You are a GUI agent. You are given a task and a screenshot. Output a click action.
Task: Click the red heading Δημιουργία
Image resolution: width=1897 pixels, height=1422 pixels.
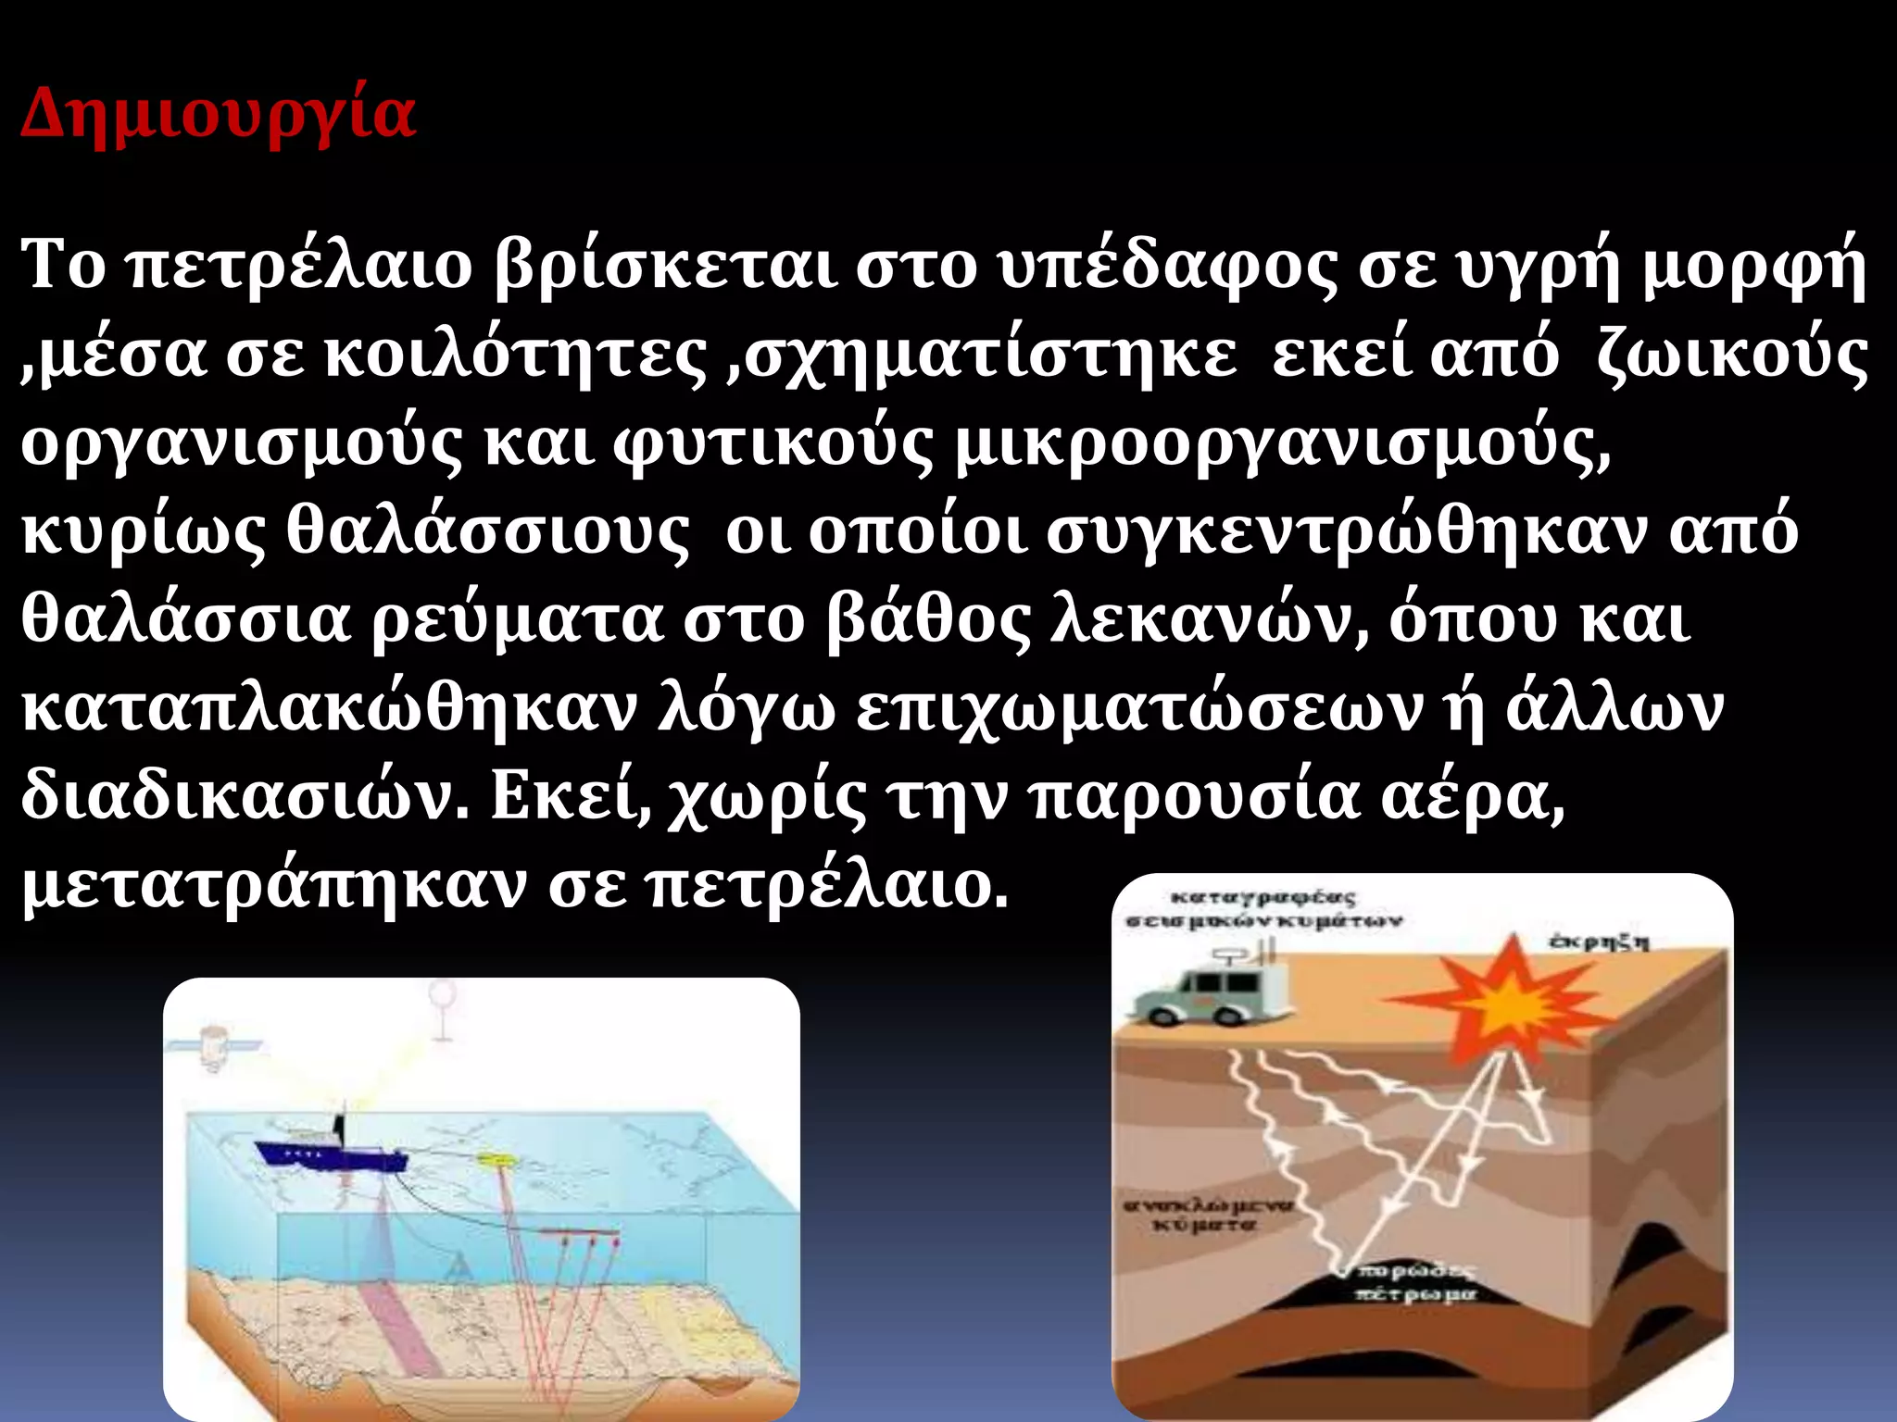pos(219,114)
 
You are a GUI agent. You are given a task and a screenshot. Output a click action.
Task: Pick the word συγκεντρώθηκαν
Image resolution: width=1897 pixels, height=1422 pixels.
pos(1348,532)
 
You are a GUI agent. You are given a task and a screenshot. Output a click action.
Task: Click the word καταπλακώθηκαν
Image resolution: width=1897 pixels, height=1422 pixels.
pos(330,709)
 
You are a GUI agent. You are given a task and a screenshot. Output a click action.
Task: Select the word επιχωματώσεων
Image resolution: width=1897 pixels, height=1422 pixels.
pos(1139,709)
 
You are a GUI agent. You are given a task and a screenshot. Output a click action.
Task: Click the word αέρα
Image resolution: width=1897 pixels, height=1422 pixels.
pos(1473,797)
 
